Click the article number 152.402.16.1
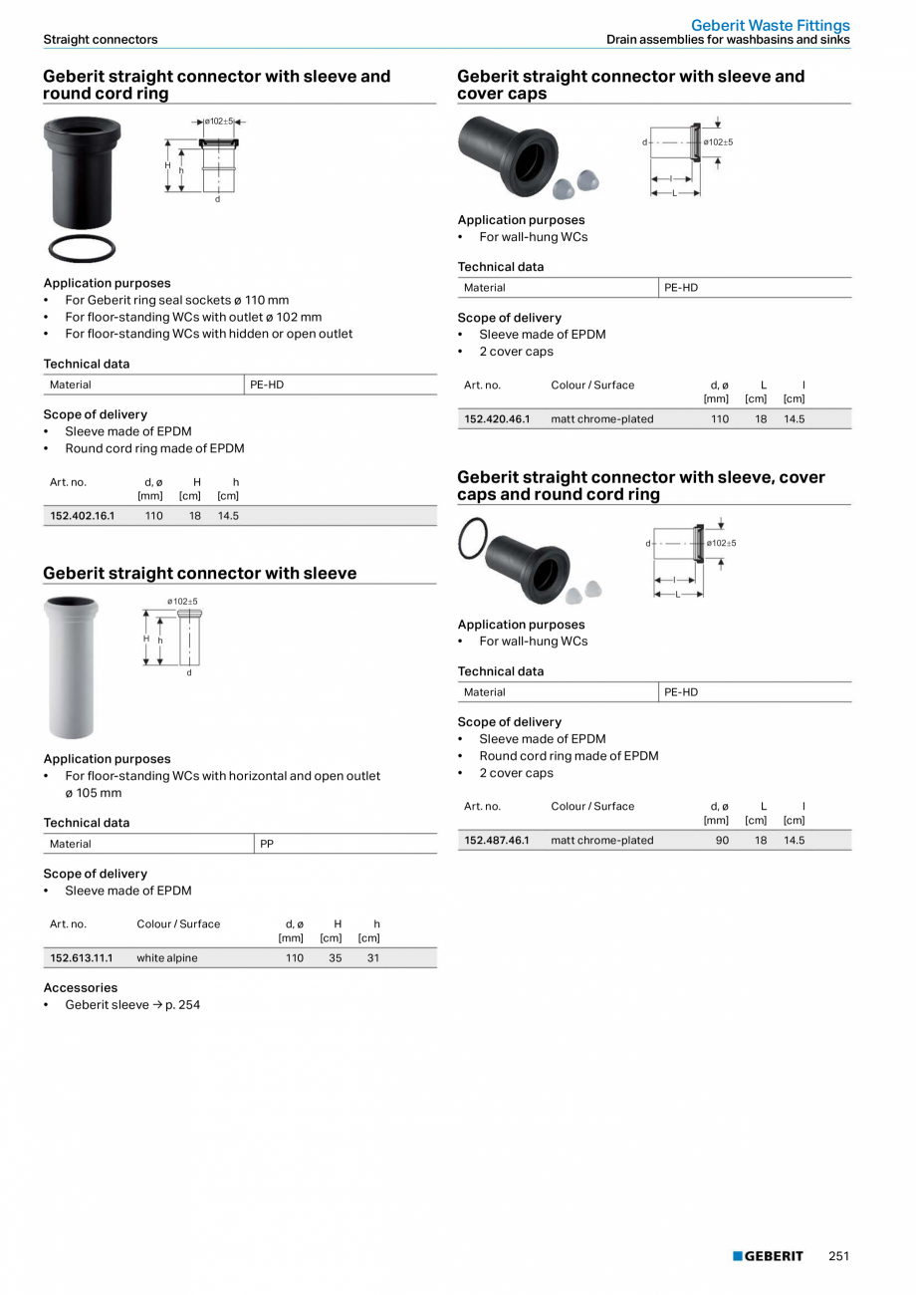coord(83,516)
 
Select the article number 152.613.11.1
coord(82,958)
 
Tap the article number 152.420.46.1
coord(497,419)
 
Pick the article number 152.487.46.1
coord(497,841)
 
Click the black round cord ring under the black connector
coord(82,248)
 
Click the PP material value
coord(267,844)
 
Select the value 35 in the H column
coord(335,958)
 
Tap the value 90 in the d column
coord(722,841)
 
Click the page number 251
coord(838,1256)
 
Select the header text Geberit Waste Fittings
coord(770,25)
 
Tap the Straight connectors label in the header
coord(100,40)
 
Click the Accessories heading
coord(80,988)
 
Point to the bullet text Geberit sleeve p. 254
coord(132,1005)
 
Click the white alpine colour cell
coord(167,958)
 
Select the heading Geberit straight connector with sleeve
coord(199,574)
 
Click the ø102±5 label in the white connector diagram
coord(182,602)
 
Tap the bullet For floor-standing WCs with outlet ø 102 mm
coord(193,317)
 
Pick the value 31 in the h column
coord(373,958)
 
